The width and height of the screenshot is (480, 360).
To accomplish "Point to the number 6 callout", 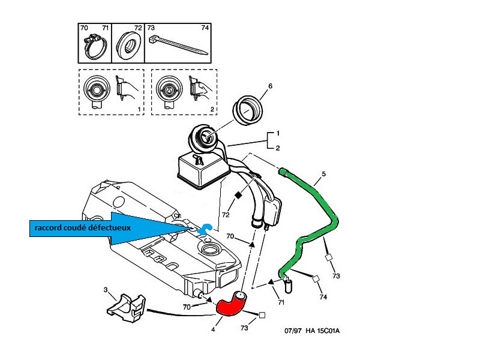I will click(x=270, y=86).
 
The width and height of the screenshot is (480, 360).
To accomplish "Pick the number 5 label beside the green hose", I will click(x=323, y=175).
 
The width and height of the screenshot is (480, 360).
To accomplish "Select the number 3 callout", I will click(x=106, y=290).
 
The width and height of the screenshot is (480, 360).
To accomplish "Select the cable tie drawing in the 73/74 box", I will click(x=178, y=43).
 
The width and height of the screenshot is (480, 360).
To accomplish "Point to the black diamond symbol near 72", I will click(x=238, y=195).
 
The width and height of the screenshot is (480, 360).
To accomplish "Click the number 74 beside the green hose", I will click(x=323, y=297).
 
